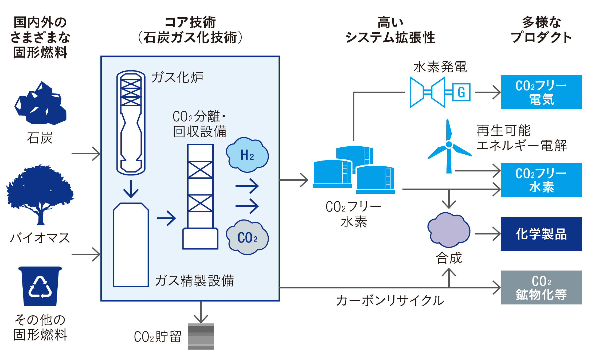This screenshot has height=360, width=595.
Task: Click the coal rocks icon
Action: click(x=41, y=104)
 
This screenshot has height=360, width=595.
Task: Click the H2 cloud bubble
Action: click(x=247, y=155)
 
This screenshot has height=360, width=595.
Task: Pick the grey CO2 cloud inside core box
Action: click(x=247, y=237)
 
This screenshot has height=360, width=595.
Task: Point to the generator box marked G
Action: click(x=461, y=92)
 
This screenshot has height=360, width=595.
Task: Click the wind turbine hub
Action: click(x=449, y=144)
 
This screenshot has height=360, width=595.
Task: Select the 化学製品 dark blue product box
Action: click(x=541, y=234)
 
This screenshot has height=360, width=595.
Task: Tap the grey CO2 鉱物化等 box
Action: click(x=541, y=287)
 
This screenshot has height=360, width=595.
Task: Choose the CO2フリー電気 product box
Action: click(x=541, y=92)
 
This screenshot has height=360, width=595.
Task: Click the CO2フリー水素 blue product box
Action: click(x=541, y=180)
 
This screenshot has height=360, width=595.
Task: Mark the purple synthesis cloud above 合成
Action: click(x=449, y=230)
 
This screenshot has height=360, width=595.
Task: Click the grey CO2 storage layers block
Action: click(x=201, y=336)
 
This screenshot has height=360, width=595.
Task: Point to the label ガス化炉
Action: click(x=177, y=77)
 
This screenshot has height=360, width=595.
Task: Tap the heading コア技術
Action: click(x=190, y=22)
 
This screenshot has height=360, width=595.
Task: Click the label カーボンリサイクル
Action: click(x=390, y=300)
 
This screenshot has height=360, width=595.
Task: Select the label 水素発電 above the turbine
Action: click(x=440, y=67)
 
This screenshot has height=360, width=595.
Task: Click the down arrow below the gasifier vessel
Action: click(x=131, y=189)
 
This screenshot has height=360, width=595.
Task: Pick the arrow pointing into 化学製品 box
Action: click(x=487, y=234)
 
